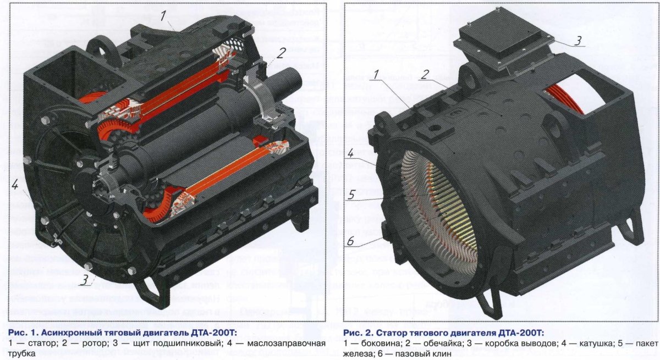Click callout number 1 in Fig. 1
pyautogui.click(x=163, y=16)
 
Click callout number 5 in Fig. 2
pyautogui.click(x=351, y=195)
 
